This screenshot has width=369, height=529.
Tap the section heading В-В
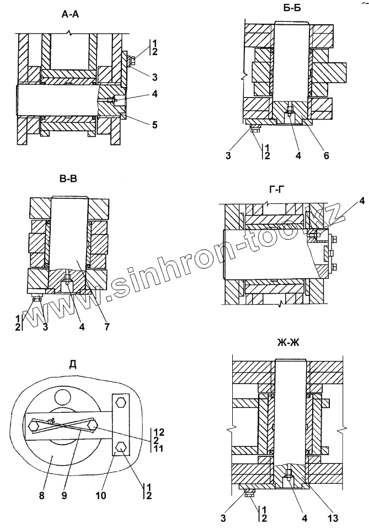[x=66, y=179]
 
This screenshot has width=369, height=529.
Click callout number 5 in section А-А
[x=154, y=125]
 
